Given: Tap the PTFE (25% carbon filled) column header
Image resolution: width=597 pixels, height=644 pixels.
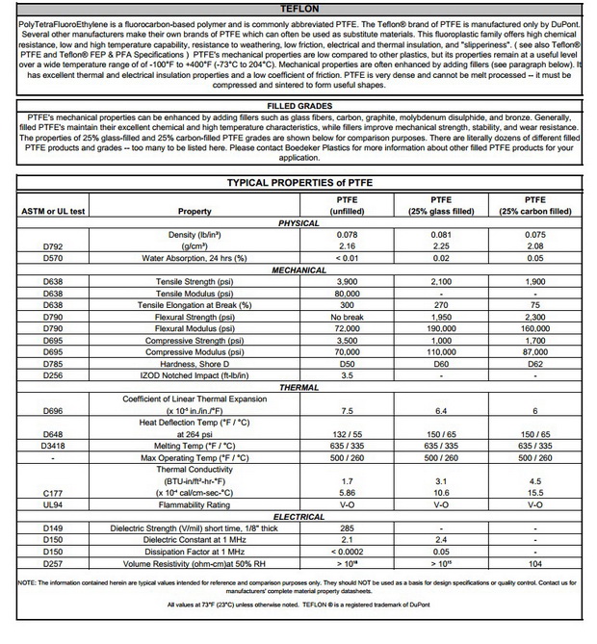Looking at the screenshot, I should tap(535, 205).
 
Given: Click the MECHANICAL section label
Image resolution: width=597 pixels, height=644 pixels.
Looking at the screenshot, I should tap(298, 270).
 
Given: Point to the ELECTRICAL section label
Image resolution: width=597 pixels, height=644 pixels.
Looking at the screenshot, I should tap(298, 517).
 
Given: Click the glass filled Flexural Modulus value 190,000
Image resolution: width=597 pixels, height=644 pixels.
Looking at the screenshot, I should tap(440, 328).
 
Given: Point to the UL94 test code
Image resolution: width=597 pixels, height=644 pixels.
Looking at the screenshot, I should tap(52, 504).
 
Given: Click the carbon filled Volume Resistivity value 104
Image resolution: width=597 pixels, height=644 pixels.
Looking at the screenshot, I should tap(535, 563).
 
